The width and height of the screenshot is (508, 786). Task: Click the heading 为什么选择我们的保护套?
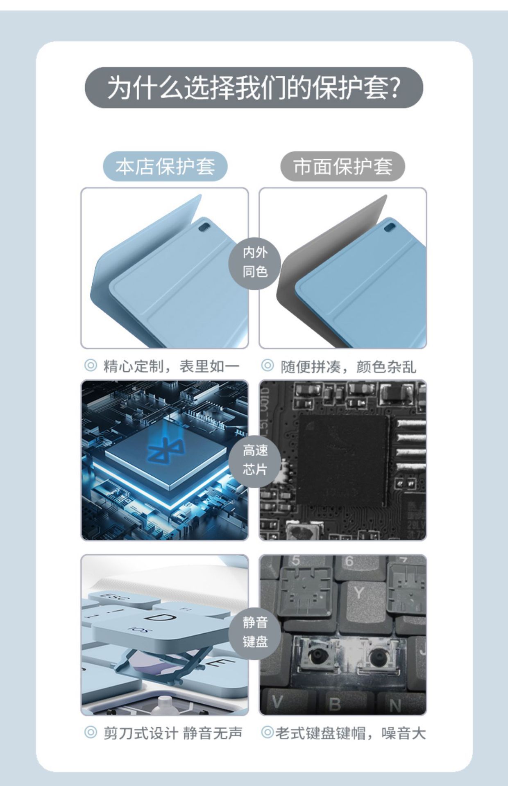(x=254, y=88)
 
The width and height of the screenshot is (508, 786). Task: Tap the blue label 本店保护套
(x=165, y=166)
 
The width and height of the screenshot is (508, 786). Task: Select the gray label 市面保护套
(x=342, y=166)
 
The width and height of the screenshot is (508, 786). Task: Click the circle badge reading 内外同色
(x=255, y=262)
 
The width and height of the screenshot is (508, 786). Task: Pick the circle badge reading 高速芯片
(x=255, y=460)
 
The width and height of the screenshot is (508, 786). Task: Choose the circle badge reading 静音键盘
(x=255, y=632)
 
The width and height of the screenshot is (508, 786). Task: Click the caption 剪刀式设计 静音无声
(x=172, y=733)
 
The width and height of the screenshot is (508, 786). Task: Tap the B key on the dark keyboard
(x=334, y=704)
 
